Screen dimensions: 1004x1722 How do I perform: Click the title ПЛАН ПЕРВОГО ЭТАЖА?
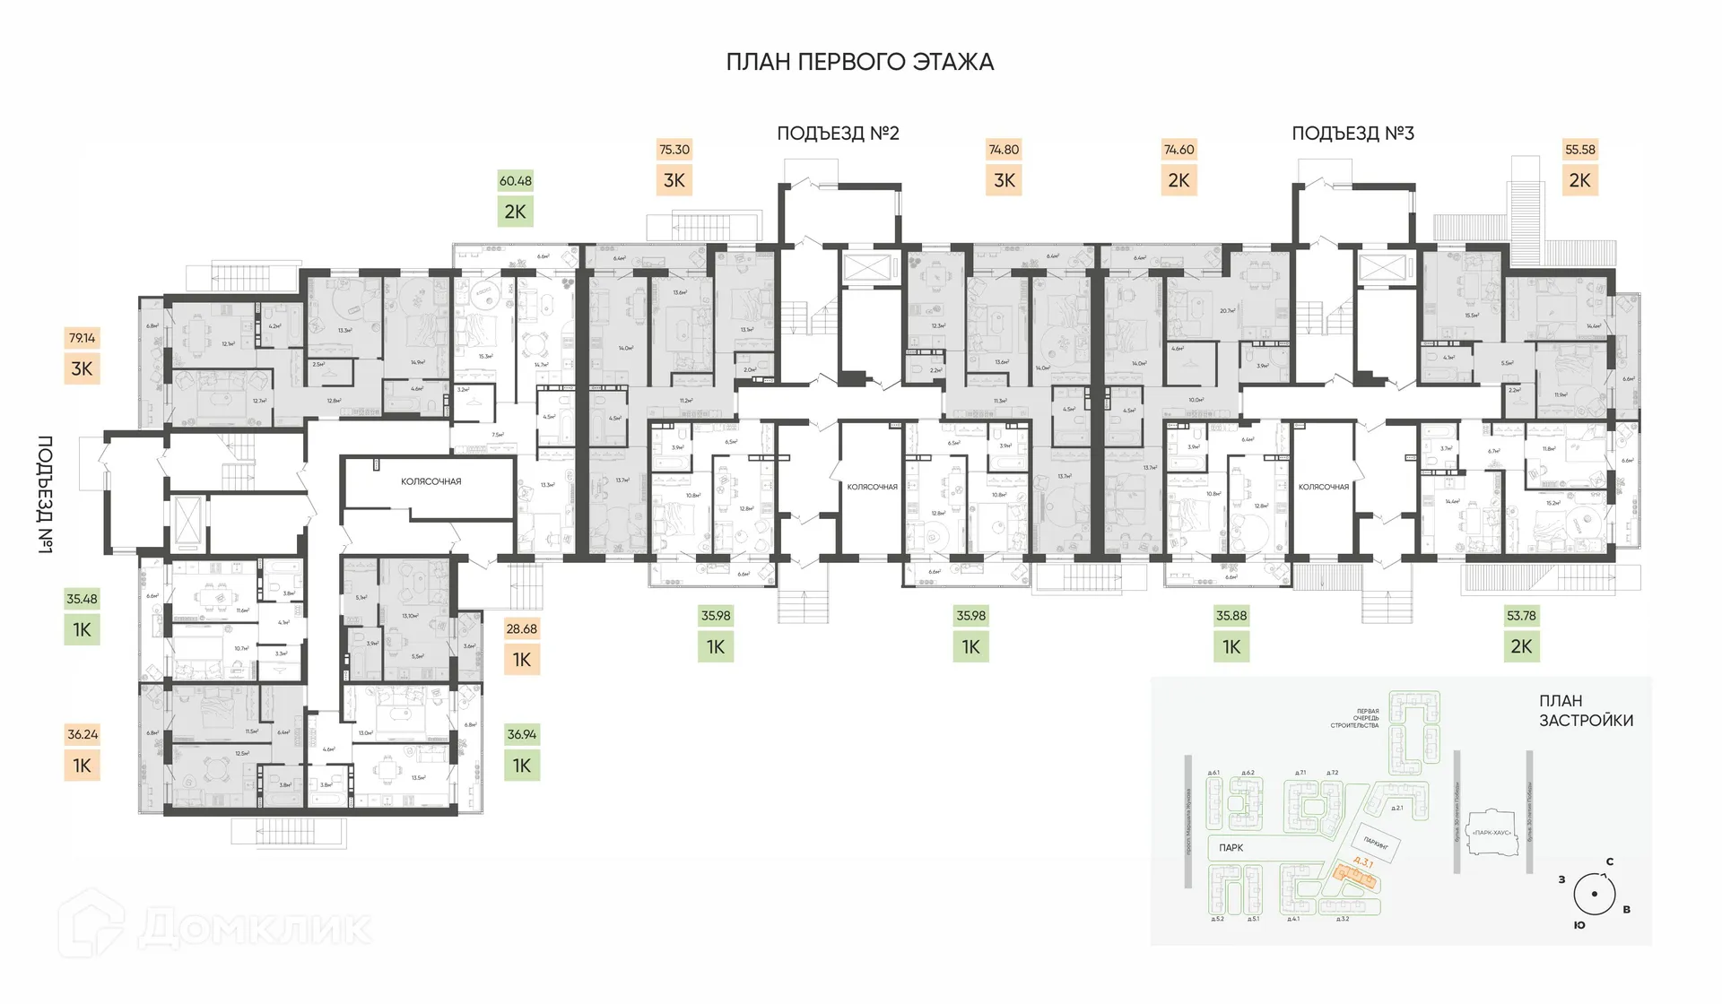coord(859,62)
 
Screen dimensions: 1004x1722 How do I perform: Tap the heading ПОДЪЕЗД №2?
coord(838,134)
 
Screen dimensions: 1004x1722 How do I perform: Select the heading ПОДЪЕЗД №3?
coord(1352,134)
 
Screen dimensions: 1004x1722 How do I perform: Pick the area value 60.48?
coord(516,181)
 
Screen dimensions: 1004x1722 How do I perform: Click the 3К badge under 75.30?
coord(674,180)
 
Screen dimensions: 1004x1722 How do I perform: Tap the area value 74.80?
coord(1004,150)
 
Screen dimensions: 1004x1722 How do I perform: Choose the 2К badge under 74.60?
coord(1178,180)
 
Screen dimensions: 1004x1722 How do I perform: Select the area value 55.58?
coord(1579,150)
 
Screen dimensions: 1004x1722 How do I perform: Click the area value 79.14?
coord(82,338)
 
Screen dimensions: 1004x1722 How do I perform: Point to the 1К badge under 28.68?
coord(522,660)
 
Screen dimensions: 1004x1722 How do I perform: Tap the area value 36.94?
coord(522,734)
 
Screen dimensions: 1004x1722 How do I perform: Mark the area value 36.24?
coord(83,734)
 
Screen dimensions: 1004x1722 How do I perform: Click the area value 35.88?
coord(1231,616)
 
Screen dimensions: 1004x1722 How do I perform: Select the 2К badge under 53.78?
coord(1521,646)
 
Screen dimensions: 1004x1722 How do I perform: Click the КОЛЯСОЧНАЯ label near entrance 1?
coord(430,482)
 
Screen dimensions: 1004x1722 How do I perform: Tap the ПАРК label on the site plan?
coord(1231,848)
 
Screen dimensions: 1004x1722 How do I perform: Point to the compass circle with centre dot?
coord(1594,894)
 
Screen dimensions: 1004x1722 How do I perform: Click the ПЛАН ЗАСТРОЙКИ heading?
coord(1586,711)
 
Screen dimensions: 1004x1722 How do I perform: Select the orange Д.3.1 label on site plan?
coord(1362,862)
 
